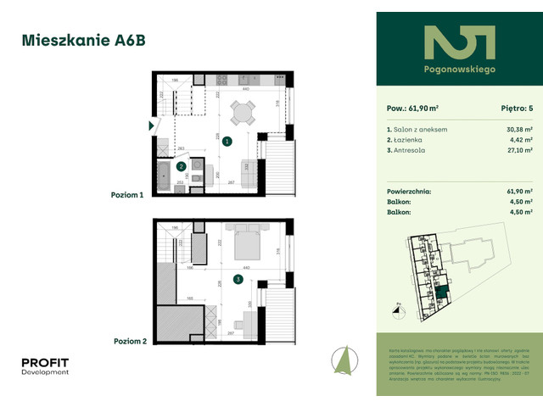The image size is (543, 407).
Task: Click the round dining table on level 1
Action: pos(243,114)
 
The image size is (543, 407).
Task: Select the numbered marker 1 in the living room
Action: pos(227,142)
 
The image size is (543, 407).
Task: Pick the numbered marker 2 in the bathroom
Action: pos(181,167)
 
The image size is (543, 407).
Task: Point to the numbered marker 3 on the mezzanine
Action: pos(238,278)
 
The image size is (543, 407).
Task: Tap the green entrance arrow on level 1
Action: pos(152,125)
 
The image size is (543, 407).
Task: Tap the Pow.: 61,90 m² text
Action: pos(413,109)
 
